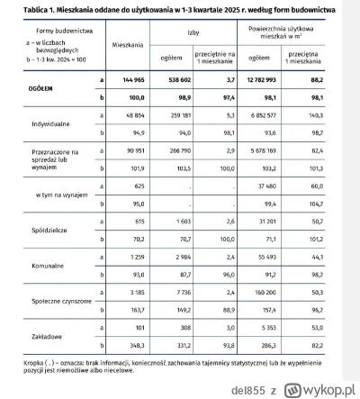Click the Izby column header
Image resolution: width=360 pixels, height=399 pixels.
[x=192, y=30]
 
